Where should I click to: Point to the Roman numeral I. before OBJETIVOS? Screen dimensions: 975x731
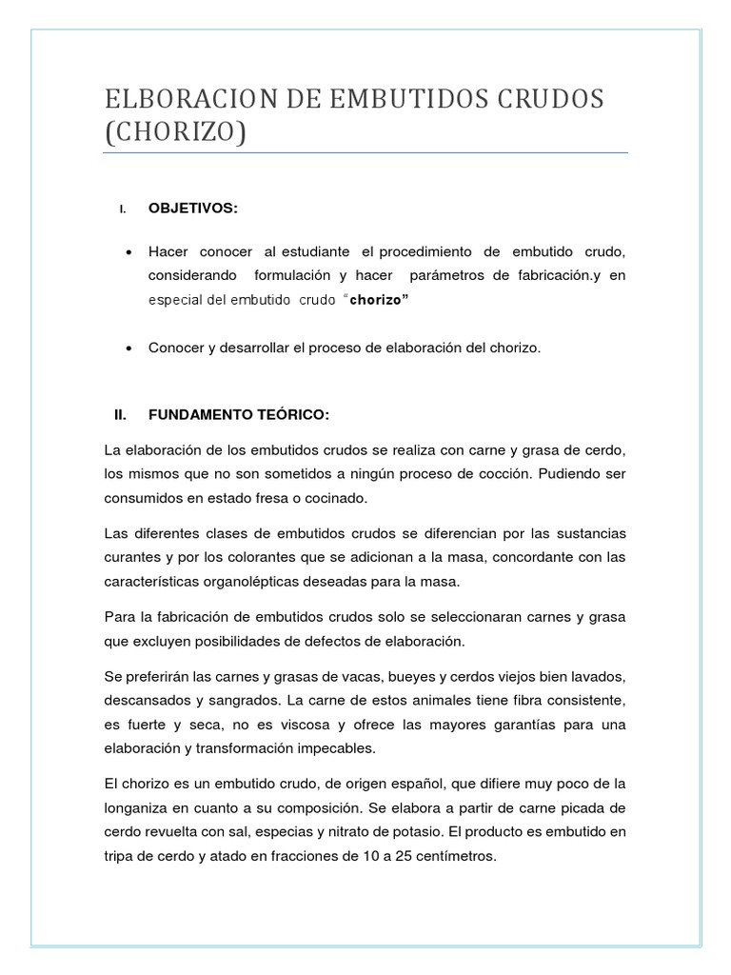tap(123, 209)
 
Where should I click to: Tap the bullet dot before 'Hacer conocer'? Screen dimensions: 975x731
tap(128, 251)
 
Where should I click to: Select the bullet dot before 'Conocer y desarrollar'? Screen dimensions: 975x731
tap(128, 348)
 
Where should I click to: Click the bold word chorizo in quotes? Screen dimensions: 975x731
tap(377, 301)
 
